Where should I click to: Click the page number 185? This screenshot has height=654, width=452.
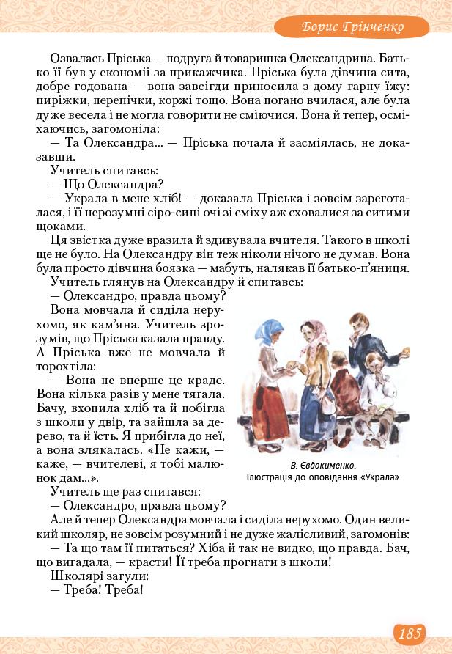click(410, 633)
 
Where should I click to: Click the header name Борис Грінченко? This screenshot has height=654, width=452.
click(353, 28)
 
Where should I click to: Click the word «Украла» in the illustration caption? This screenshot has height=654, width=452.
click(379, 477)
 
